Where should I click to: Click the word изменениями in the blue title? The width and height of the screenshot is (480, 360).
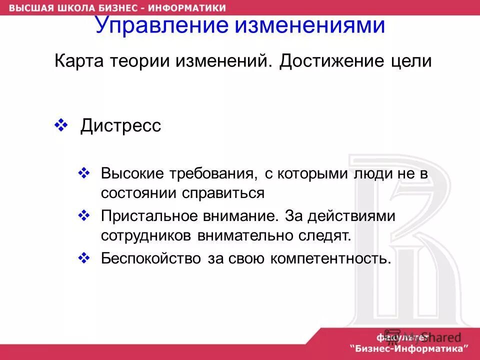pyautogui.click(x=310, y=25)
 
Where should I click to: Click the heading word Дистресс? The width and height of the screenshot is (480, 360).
pyautogui.click(x=120, y=125)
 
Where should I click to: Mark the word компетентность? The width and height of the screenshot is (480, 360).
pyautogui.click(x=330, y=258)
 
